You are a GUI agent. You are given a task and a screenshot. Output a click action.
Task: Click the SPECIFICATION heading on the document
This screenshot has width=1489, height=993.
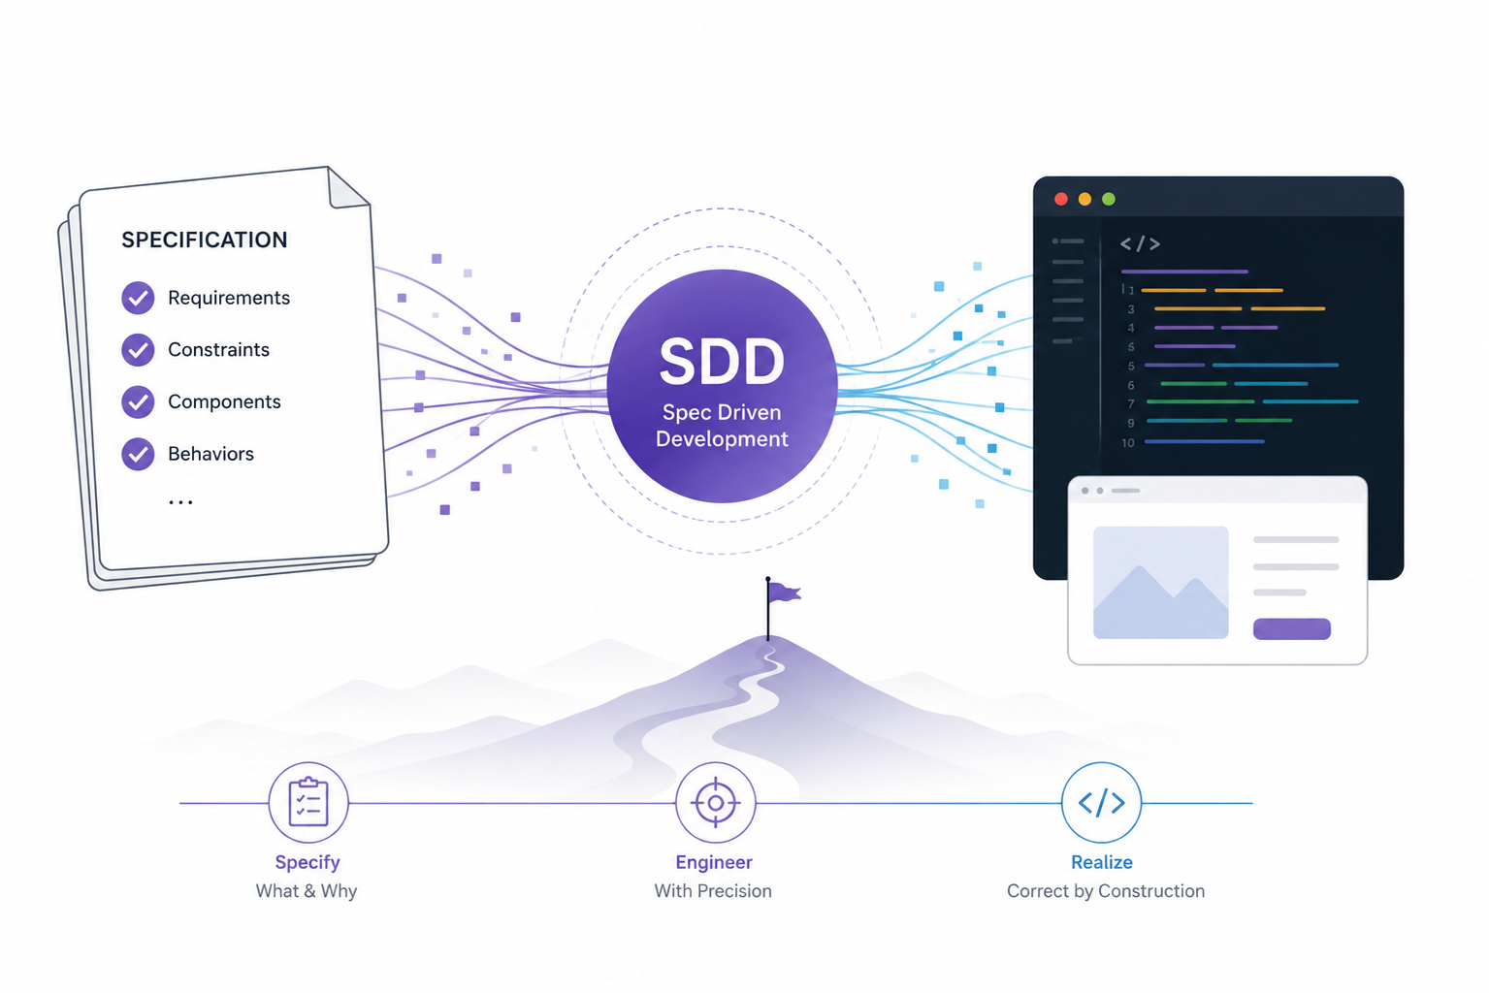[204, 240]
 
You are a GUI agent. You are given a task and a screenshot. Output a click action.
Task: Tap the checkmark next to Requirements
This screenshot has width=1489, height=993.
[138, 297]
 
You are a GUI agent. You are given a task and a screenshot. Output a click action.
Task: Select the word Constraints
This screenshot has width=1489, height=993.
[218, 350]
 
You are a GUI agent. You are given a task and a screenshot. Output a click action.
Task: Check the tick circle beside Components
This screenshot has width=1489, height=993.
[138, 401]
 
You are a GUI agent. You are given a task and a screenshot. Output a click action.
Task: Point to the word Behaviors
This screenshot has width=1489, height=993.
[210, 454]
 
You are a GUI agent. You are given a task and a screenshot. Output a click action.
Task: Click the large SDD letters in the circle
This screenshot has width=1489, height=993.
[722, 362]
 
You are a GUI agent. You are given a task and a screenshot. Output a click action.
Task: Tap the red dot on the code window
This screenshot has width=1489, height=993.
[1061, 199]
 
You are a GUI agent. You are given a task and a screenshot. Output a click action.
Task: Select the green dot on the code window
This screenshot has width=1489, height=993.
[1108, 199]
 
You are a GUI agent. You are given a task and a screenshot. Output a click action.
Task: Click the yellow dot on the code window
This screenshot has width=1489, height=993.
[1084, 199]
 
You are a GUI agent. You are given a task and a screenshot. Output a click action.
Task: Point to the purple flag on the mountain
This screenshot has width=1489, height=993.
[784, 592]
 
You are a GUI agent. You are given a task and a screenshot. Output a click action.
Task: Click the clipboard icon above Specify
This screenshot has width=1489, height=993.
[308, 802]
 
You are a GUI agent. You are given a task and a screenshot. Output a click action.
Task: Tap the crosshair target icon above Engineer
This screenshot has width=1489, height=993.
[715, 803]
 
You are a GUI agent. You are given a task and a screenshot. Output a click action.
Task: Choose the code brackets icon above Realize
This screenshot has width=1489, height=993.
[1101, 803]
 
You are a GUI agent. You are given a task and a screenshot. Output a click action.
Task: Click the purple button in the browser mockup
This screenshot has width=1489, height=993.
[1291, 628]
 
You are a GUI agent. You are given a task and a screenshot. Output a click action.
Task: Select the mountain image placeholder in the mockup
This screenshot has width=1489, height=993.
[1160, 583]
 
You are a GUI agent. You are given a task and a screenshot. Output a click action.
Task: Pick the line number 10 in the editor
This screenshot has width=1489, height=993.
[1127, 442]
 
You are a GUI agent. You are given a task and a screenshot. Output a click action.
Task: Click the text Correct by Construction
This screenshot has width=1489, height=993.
[1106, 890]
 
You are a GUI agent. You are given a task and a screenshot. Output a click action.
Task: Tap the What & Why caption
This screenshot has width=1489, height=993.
[307, 890]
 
